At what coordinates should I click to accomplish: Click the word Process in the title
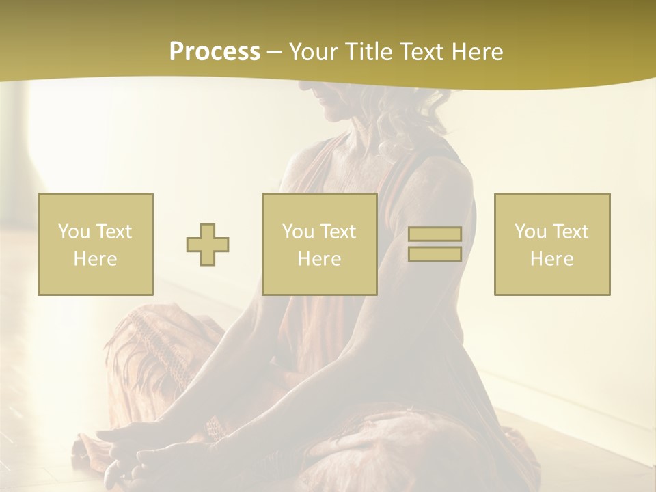(x=215, y=52)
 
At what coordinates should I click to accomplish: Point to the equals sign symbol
(x=435, y=244)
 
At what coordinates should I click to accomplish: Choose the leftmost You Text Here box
(x=96, y=244)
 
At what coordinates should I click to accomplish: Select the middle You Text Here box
(x=320, y=244)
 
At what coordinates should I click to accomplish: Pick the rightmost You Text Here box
(x=552, y=244)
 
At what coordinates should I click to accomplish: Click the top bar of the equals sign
(x=435, y=234)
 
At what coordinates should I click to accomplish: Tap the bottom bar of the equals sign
(x=435, y=254)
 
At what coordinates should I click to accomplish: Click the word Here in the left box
(x=96, y=259)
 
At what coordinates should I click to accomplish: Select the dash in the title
(x=275, y=52)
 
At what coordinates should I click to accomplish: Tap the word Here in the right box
(x=552, y=259)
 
